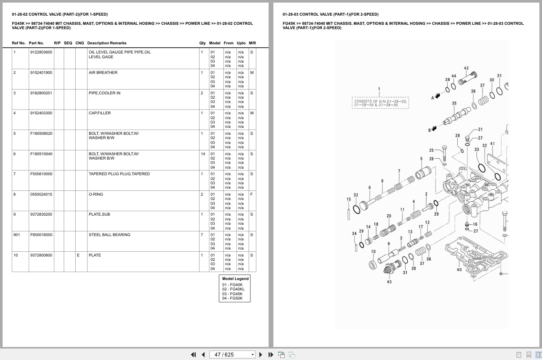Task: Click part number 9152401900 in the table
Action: (41, 73)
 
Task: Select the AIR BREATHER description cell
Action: (103, 73)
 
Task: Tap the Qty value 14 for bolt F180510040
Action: (203, 154)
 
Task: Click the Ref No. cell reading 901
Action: (17, 235)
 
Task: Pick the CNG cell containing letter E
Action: (78, 255)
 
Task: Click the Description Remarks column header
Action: (107, 43)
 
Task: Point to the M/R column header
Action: (253, 43)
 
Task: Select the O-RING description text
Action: (96, 194)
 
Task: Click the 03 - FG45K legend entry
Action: (232, 294)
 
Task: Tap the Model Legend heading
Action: (235, 279)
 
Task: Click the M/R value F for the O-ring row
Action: (252, 194)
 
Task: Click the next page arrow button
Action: (261, 355)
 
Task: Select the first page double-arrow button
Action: (193, 355)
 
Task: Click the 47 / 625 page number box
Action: (232, 355)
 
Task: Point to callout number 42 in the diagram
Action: (466, 68)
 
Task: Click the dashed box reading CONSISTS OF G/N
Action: (380, 103)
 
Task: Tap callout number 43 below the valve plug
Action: (389, 282)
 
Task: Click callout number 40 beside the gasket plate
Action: (459, 270)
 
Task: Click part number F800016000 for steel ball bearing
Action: (41, 235)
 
